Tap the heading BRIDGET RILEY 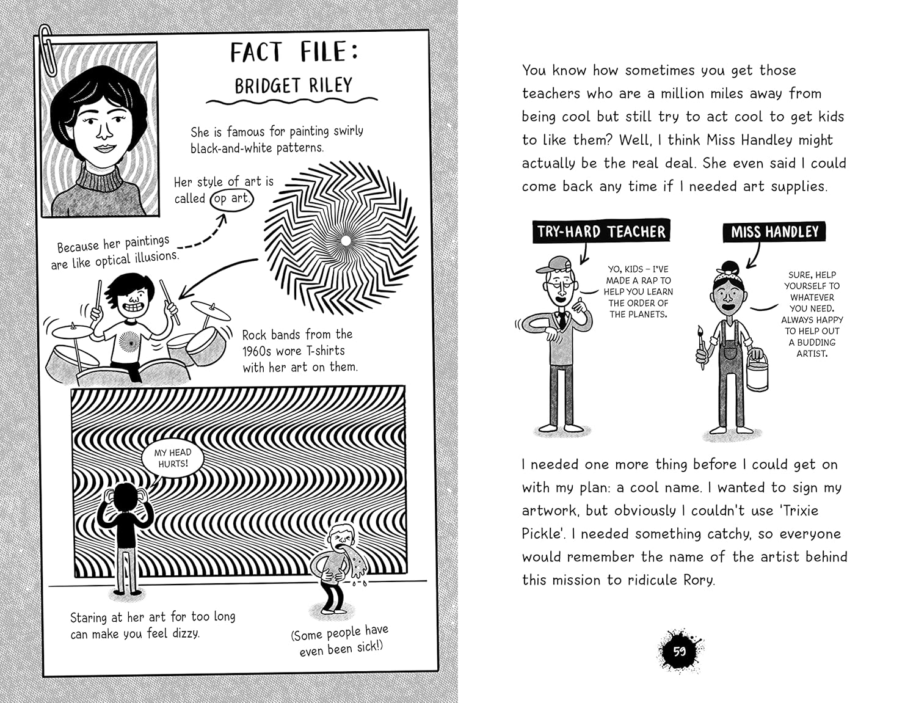point(293,85)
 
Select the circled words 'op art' point(231,199)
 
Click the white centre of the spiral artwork point(346,241)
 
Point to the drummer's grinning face point(131,299)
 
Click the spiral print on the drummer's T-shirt point(129,341)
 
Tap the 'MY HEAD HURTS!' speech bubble point(172,458)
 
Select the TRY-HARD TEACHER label point(601,231)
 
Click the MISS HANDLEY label point(774,232)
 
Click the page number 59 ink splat point(679,651)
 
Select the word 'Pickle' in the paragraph point(542,534)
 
